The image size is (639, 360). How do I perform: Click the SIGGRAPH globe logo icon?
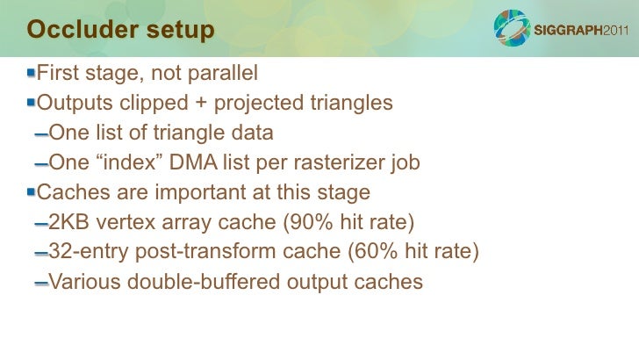pyautogui.click(x=511, y=29)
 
